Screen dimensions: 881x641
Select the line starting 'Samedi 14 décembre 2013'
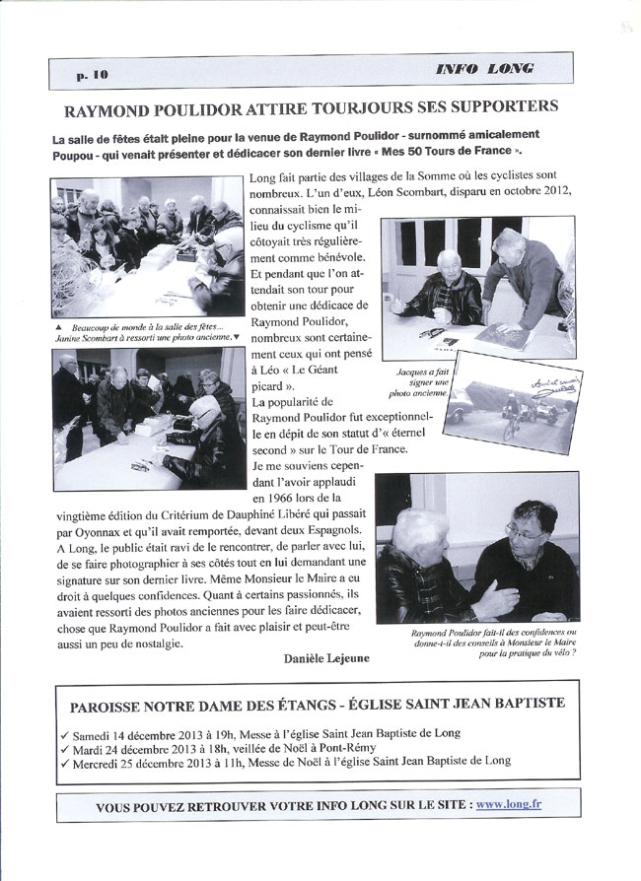click(x=269, y=732)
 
